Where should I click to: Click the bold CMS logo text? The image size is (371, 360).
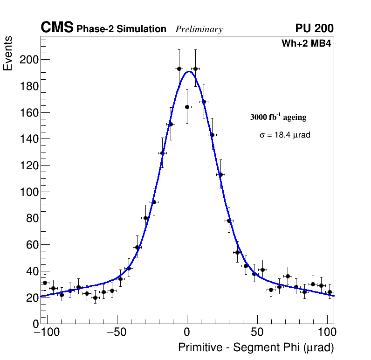tap(57, 28)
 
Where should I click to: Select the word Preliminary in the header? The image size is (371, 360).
tap(199, 29)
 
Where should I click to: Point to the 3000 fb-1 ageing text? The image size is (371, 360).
tap(278, 117)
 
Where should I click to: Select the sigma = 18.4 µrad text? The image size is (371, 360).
tap(285, 135)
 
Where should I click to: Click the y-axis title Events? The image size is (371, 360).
tap(8, 55)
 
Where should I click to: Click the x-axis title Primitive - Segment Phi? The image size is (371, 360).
tap(256, 348)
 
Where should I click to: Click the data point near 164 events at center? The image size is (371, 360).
tap(187, 107)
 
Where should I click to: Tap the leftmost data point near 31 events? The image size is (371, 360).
tap(45, 283)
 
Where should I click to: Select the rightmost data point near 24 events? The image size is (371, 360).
tap(330, 292)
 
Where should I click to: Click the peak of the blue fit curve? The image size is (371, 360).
tap(189, 71)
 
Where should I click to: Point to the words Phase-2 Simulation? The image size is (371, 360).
tap(121, 29)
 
